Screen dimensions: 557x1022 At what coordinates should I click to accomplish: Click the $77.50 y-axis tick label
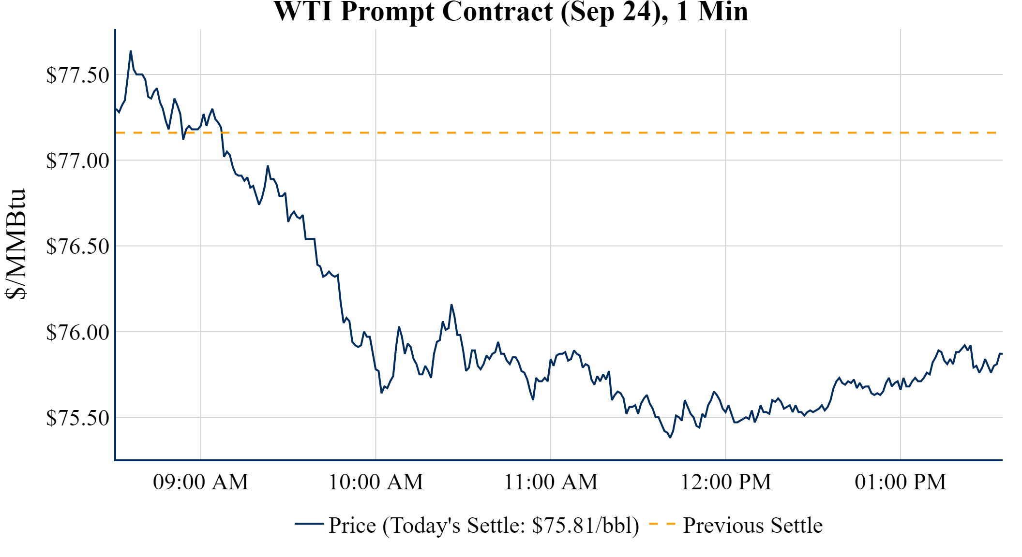pos(77,75)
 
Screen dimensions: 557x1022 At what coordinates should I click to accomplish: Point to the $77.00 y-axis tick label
pos(77,161)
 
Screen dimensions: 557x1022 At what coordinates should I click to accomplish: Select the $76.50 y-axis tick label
pos(77,247)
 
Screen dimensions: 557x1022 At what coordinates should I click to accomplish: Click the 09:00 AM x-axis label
pos(201,482)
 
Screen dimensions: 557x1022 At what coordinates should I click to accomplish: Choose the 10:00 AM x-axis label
pos(376,482)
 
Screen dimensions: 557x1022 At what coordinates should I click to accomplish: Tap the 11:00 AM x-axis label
pos(551,482)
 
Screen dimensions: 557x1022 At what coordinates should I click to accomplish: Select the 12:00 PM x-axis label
pos(726,482)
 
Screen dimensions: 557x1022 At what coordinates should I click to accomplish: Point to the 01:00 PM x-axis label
pos(901,482)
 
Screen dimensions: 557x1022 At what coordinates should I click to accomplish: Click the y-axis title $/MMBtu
pos(15,244)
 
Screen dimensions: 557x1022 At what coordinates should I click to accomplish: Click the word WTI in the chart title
pos(303,12)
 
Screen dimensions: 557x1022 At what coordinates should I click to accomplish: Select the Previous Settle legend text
pos(752,526)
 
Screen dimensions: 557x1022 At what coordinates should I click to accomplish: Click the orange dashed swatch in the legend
pos(662,524)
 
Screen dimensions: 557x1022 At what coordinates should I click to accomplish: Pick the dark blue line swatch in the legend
pos(309,524)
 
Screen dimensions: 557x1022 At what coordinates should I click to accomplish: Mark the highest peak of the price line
pos(131,51)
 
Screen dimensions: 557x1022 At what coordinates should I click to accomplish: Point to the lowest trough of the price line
pos(670,437)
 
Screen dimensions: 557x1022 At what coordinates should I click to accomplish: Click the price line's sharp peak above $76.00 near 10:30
pos(451,305)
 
